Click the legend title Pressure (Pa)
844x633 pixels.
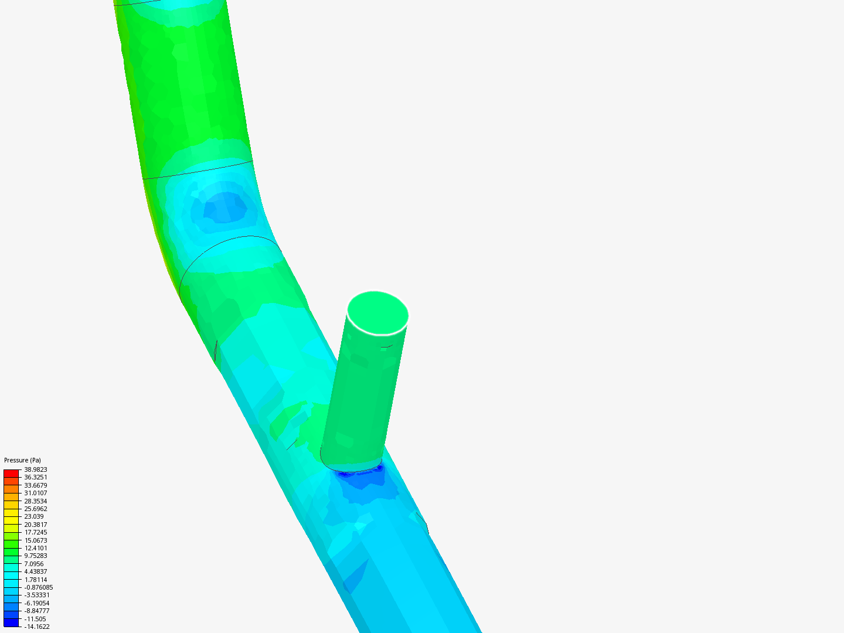coord(22,460)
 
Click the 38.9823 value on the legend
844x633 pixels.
coord(35,469)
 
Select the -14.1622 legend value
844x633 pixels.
coord(37,627)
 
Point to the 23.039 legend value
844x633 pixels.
coord(34,516)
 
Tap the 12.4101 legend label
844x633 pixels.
coord(35,548)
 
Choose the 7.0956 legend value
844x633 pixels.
coord(34,564)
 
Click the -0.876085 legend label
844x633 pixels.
coord(39,587)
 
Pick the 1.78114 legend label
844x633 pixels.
coord(35,580)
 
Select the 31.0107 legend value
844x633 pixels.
coord(35,493)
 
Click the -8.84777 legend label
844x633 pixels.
coord(37,611)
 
